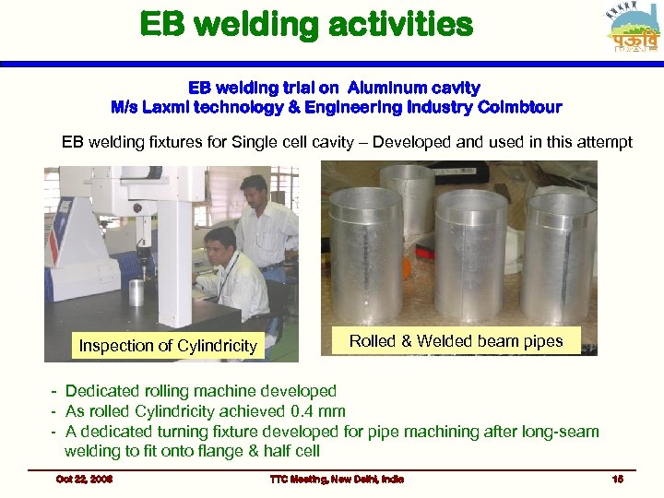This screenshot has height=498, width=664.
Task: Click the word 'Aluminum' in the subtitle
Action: tap(380, 88)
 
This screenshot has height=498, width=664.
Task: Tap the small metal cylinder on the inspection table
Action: tap(136, 292)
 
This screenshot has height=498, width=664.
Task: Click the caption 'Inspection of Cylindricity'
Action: tap(168, 346)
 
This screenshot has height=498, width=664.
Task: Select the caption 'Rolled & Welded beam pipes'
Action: tap(456, 341)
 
